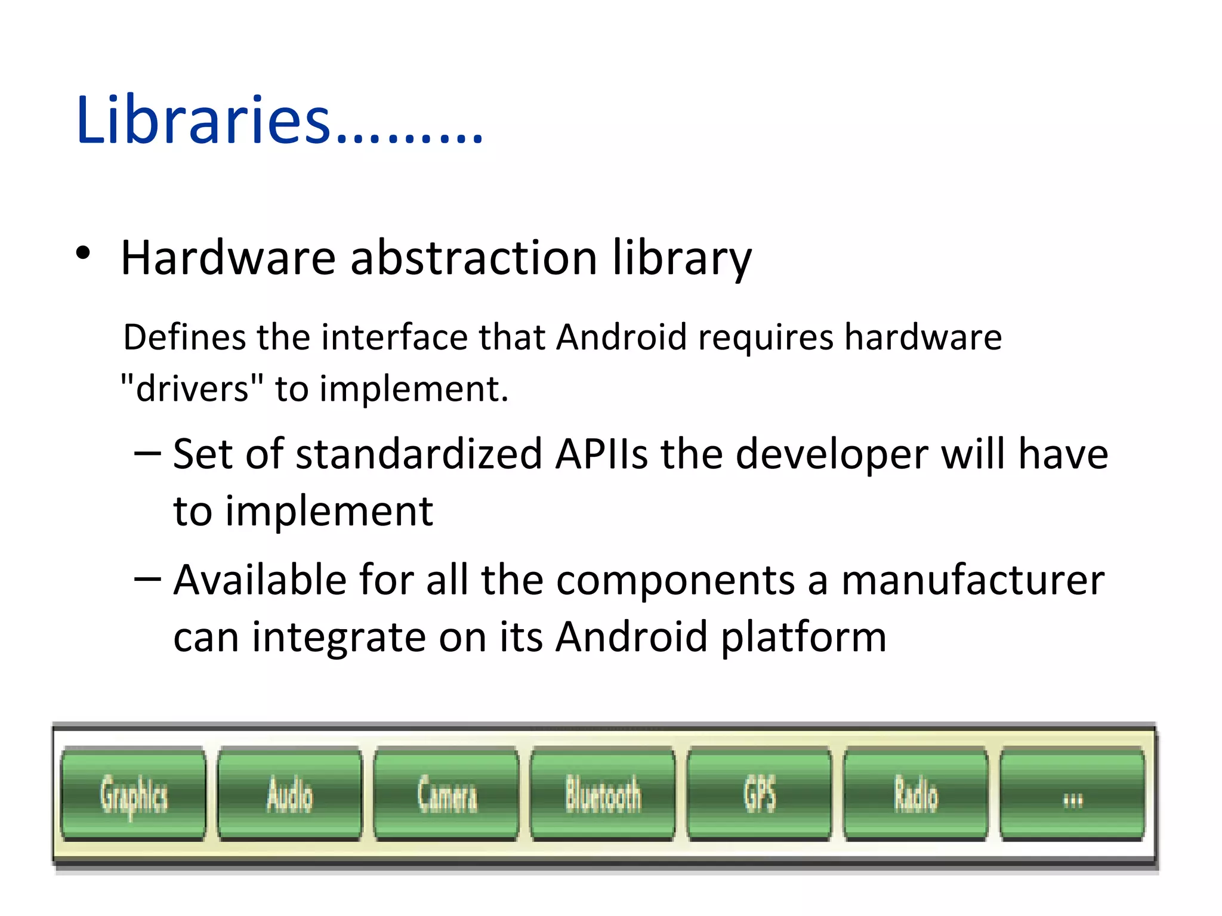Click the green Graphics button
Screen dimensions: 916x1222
[133, 794]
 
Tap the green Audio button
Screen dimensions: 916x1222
[290, 794]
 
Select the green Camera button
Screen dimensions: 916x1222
[447, 794]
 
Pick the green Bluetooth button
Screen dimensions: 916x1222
[603, 794]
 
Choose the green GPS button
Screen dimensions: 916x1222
[760, 794]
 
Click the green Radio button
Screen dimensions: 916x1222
[916, 794]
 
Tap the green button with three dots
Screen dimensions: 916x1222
[1072, 794]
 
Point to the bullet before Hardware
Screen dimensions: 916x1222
[83, 253]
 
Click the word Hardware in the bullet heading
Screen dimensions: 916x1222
[228, 258]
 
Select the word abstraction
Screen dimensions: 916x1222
[474, 258]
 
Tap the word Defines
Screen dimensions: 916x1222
[184, 337]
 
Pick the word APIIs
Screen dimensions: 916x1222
[601, 454]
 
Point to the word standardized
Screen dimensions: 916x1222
[419, 454]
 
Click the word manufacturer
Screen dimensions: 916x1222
[973, 580]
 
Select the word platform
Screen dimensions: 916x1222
[804, 637]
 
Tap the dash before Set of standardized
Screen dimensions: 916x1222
[147, 453]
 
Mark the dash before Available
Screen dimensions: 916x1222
[147, 578]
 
